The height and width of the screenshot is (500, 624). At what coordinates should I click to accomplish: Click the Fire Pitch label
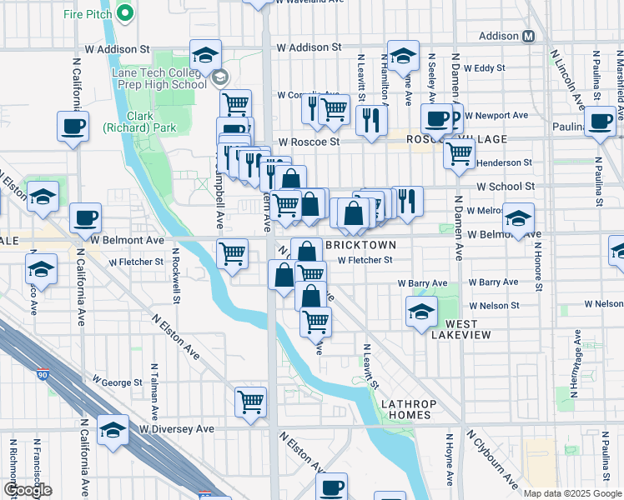pos(89,14)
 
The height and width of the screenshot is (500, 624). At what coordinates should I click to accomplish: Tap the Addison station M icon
pos(529,37)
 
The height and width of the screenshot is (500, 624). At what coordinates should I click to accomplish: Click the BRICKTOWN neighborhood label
pos(360,245)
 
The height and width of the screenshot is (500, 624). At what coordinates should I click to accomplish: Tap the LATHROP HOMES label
pos(406,408)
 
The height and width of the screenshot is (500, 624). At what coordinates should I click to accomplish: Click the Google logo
pos(28,490)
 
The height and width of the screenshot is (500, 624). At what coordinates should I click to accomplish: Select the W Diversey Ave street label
pos(177,428)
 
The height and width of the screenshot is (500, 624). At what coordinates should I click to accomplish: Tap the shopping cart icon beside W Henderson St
pos(459,154)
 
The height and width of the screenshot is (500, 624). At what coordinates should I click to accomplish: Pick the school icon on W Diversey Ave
pos(113,430)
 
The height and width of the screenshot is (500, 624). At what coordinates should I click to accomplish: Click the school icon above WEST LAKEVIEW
pos(421,312)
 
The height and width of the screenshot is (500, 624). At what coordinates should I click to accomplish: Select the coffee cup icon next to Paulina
pos(599,121)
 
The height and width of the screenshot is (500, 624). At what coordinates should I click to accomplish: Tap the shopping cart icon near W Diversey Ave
pos(250,402)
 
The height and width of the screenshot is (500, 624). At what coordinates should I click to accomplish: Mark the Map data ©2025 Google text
pos(572,492)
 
